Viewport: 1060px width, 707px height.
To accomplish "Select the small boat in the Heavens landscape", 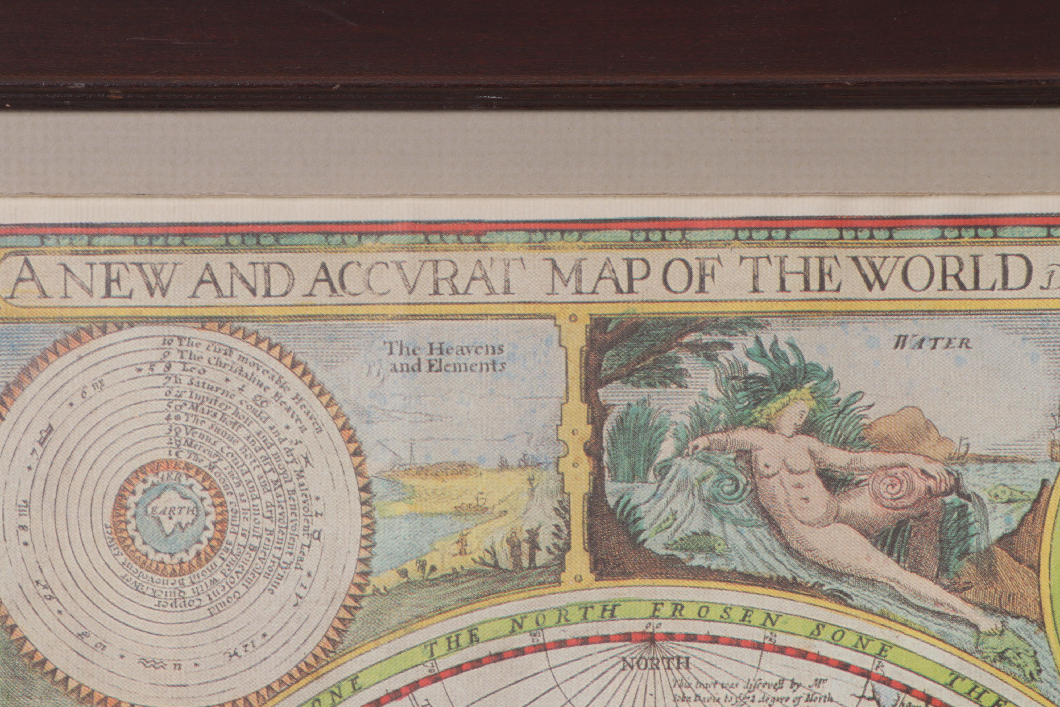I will tap(471, 508).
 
